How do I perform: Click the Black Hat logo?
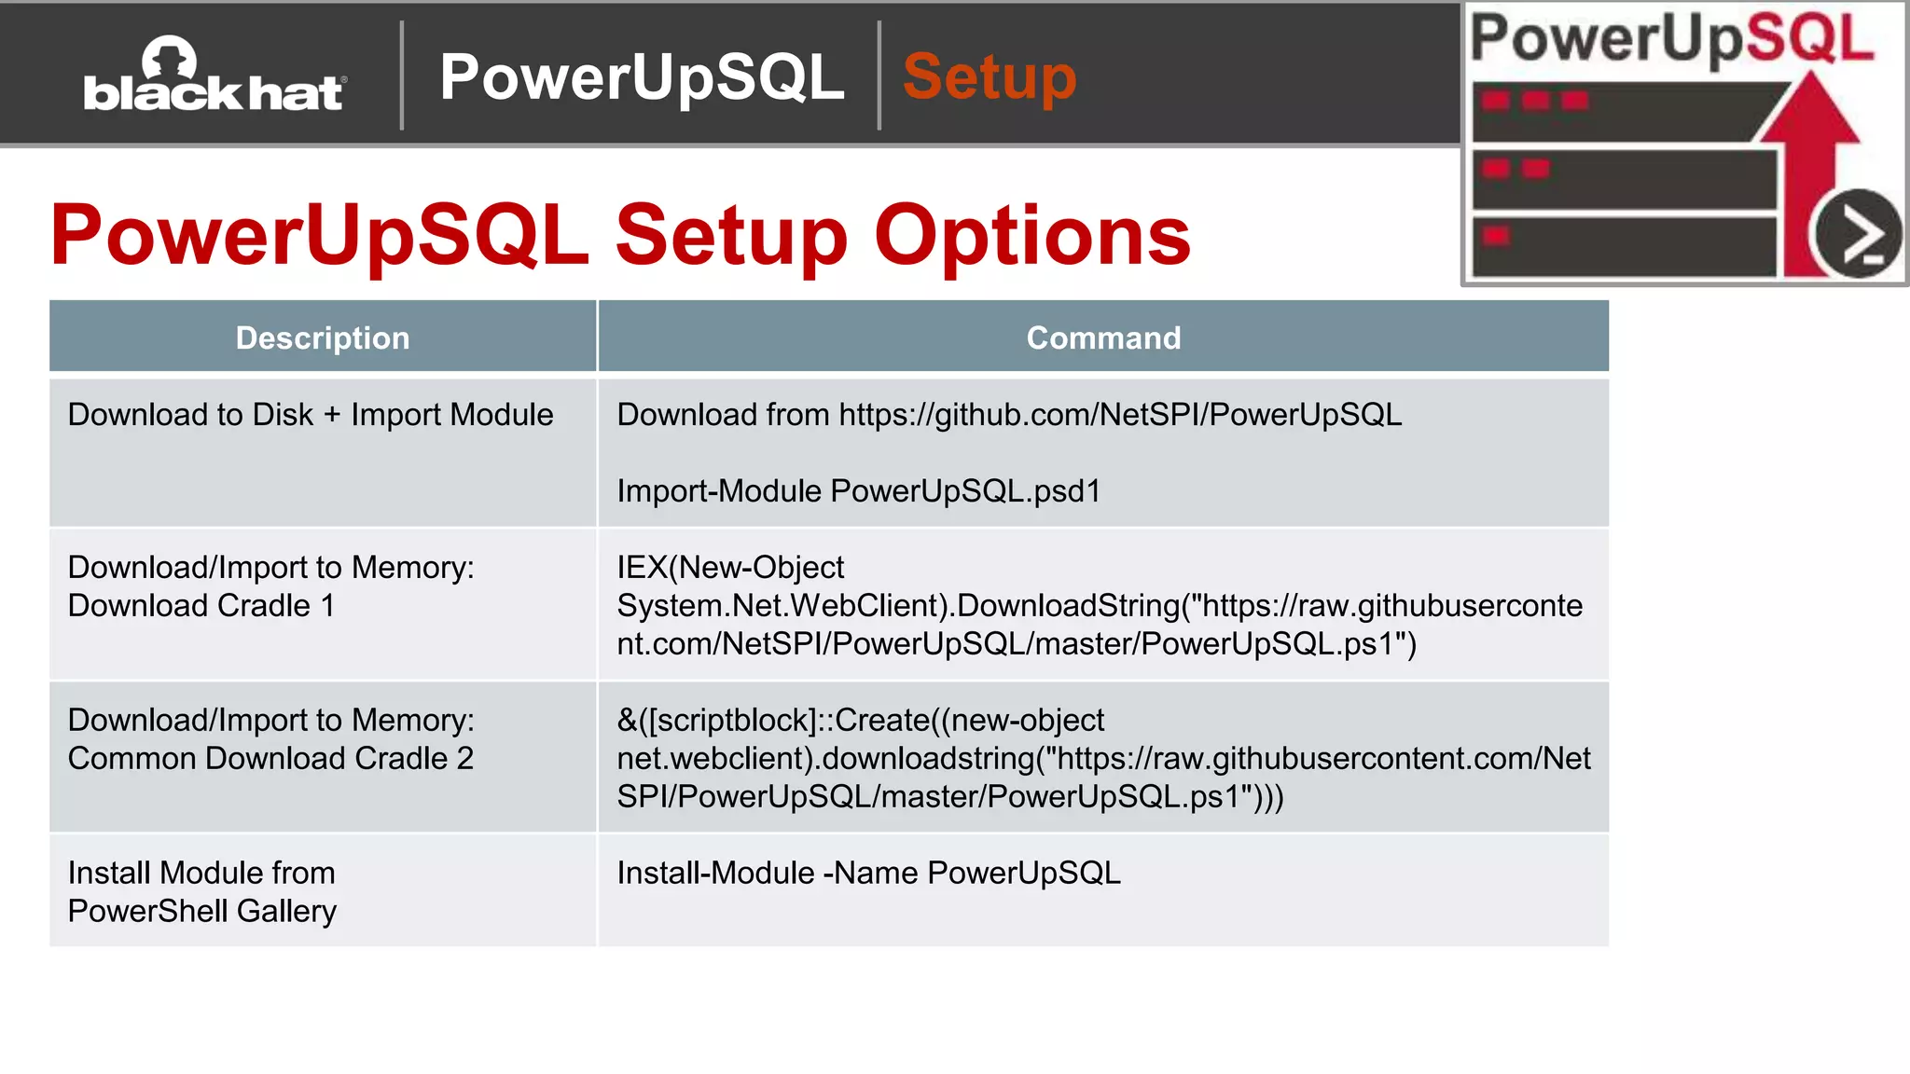215,76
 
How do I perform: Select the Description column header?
323,337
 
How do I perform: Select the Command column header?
1103,337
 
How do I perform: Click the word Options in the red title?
1031,235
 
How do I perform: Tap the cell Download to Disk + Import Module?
311,415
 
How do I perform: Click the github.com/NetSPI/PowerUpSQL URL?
1120,415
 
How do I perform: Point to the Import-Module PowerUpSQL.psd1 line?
858,491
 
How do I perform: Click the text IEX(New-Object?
730,567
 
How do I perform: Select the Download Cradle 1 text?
201,606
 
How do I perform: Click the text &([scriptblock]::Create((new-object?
860,720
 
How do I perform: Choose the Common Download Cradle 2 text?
270,759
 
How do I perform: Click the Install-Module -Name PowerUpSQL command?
868,873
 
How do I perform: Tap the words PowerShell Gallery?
201,911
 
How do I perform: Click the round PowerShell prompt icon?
1857,234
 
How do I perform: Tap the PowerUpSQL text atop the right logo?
1671,39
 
